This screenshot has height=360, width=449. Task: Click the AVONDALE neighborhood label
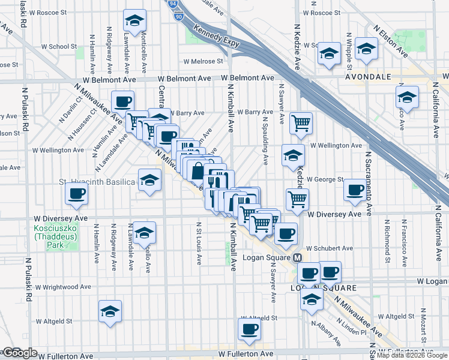click(x=367, y=77)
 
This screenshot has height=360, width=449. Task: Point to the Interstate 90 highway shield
click(x=179, y=18)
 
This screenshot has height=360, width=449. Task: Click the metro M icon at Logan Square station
click(x=297, y=257)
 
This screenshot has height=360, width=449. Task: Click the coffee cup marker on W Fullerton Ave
click(x=249, y=328)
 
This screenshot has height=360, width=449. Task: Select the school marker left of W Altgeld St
click(x=109, y=311)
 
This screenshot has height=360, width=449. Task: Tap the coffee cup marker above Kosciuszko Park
click(x=76, y=193)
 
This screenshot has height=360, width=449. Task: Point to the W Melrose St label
click(x=203, y=61)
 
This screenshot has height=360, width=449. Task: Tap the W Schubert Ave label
click(x=329, y=248)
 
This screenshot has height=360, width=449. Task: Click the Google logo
click(x=20, y=353)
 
